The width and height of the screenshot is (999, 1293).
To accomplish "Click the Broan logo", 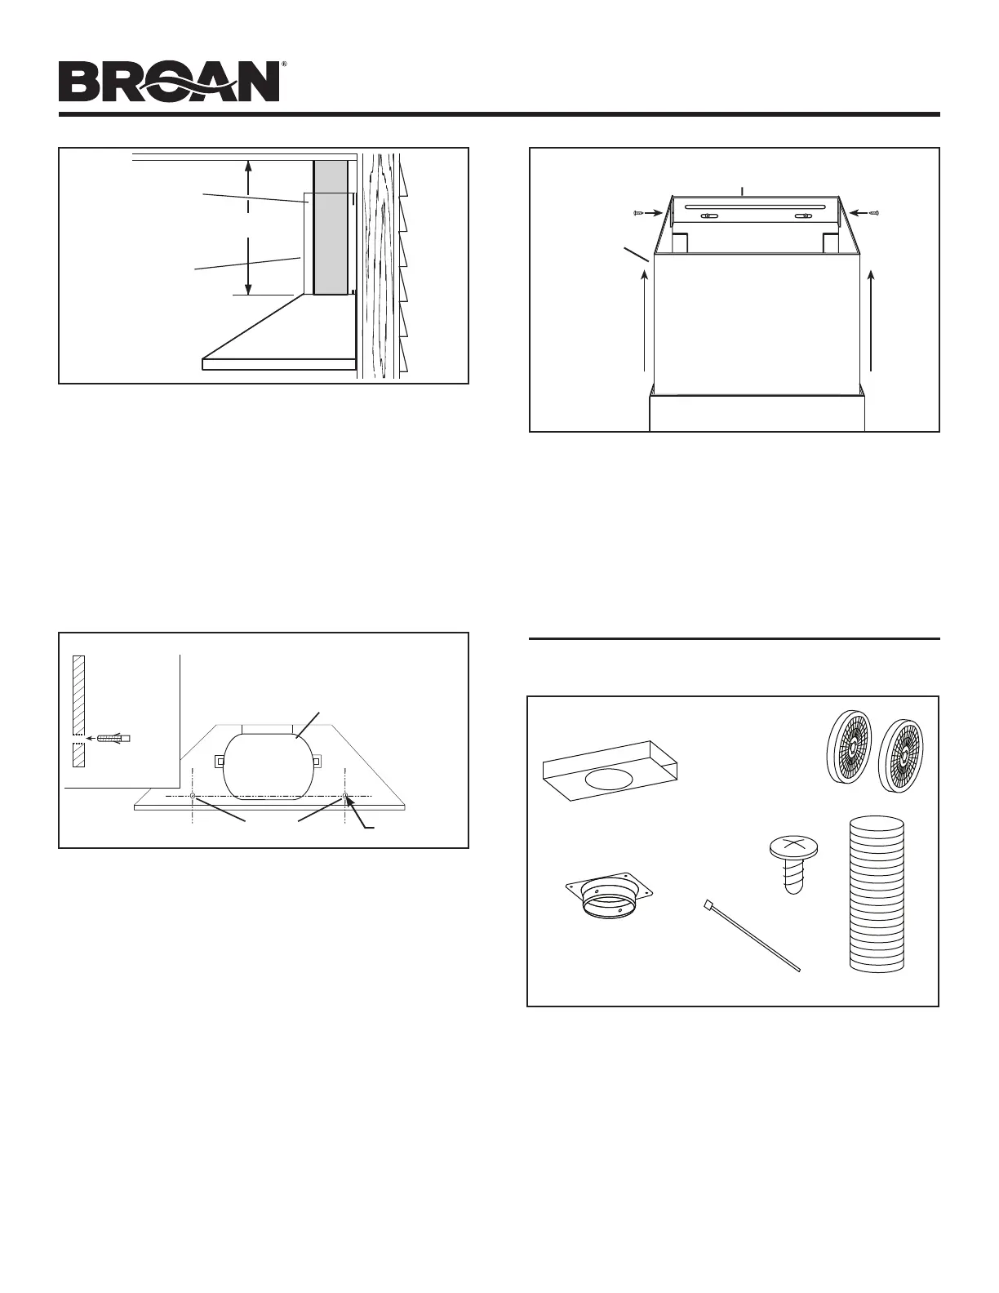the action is tap(169, 82).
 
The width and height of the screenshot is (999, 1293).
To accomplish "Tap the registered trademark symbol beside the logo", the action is tap(283, 64).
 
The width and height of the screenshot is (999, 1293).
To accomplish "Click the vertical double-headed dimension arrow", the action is tap(249, 228).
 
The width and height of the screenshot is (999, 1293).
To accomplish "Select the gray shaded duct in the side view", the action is tap(331, 227).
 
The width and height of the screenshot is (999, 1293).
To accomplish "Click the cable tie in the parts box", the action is tap(750, 935).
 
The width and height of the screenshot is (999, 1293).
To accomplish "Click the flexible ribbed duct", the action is tap(877, 893).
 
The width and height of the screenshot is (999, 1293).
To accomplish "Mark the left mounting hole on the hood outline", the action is tap(191, 796).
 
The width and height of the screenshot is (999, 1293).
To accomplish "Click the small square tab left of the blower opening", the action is tap(220, 762).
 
